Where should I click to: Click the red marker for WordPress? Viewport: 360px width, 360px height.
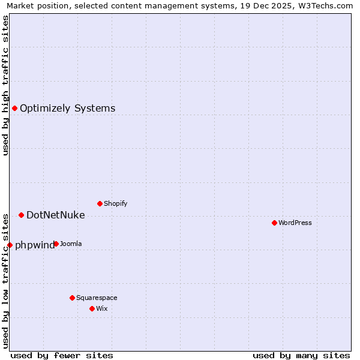[x=274, y=223]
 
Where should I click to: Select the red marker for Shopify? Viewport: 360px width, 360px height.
[x=100, y=203]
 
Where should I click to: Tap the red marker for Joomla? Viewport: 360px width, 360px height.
[x=56, y=244]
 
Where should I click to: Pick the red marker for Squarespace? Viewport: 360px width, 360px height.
[x=72, y=298]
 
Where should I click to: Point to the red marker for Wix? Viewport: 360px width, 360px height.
[x=92, y=308]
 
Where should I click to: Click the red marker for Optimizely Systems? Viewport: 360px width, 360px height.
[x=14, y=108]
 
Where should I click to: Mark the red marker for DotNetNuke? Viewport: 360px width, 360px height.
[x=21, y=215]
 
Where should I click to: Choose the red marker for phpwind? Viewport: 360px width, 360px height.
[x=10, y=245]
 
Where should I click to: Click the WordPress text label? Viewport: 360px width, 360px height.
[x=295, y=223]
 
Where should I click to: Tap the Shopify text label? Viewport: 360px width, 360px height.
[x=116, y=204]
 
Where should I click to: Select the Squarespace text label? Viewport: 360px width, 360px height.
[x=97, y=298]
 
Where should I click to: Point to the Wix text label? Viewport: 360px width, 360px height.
[x=101, y=309]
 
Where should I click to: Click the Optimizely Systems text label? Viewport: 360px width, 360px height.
[x=68, y=109]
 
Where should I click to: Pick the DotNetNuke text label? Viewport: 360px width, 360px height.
[x=56, y=215]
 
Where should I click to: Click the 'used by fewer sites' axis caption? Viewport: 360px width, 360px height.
[x=62, y=355]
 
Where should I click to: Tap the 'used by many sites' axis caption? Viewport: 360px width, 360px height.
[x=301, y=355]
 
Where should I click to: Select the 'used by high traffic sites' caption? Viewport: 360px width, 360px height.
[x=6, y=85]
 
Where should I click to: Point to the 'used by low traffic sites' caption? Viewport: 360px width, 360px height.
[x=6, y=280]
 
